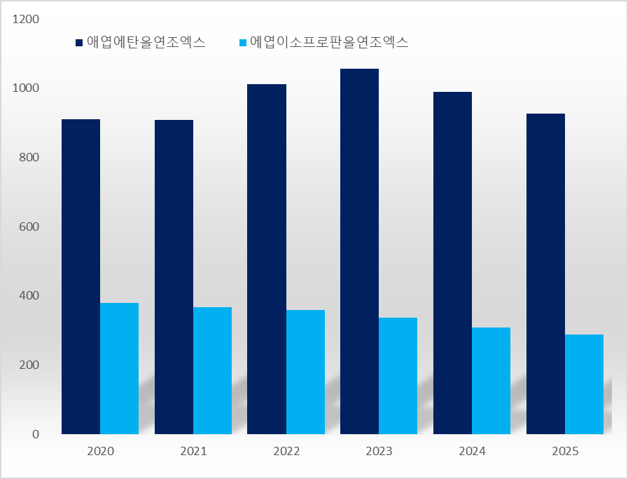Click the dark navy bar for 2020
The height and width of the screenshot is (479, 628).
pos(81,276)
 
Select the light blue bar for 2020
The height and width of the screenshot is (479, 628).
pos(119,368)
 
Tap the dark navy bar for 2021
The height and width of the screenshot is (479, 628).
pos(174,276)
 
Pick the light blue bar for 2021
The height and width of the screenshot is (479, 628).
pos(212,370)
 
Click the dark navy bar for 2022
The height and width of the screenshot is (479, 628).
pos(267,259)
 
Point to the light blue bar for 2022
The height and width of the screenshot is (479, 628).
pos(305,372)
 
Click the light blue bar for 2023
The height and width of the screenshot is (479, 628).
pos(398,375)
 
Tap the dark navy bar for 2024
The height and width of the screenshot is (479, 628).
pos(452,263)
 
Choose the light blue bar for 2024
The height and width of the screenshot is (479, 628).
pos(491,380)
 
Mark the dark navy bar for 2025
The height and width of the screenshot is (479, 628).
pos(545,274)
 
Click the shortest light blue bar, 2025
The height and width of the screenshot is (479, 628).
pos(584,384)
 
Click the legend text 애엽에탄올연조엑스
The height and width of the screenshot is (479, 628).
pos(146,42)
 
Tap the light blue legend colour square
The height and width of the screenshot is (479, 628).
pos(243,43)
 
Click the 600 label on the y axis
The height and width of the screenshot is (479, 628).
pos(30,227)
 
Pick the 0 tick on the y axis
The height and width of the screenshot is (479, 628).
pos(36,434)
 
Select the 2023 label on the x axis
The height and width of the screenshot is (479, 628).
pos(379,451)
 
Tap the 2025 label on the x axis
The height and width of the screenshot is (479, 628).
pos(565,451)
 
